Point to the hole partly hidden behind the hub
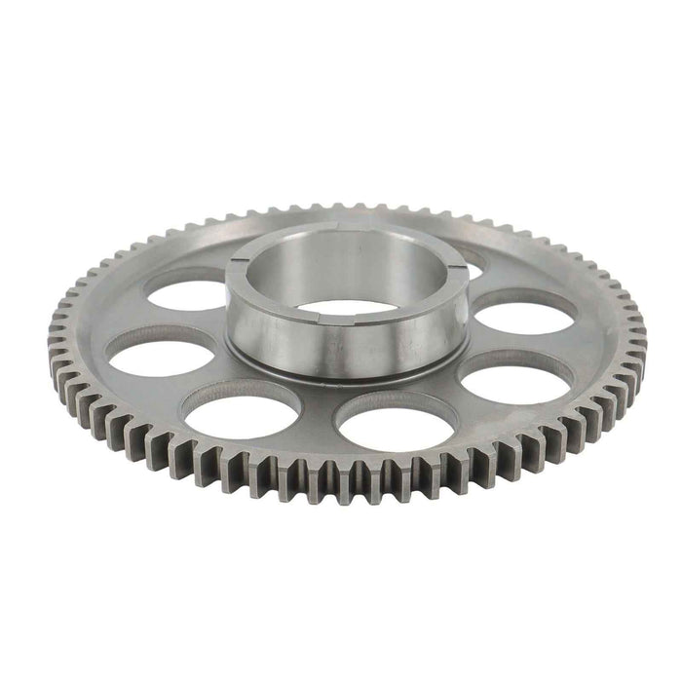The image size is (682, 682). [474, 258]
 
